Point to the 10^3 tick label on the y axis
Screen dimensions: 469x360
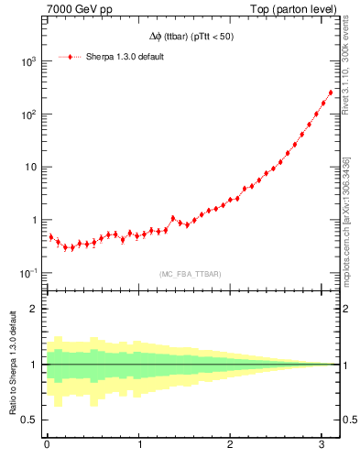pos(28,61)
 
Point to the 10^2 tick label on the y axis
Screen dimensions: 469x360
pos(28,115)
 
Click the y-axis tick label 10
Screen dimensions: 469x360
pos(30,168)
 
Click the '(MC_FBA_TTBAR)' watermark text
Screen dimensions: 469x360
pos(191,274)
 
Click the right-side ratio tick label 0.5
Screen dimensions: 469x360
pos(350,420)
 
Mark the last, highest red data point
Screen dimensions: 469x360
pos(331,92)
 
